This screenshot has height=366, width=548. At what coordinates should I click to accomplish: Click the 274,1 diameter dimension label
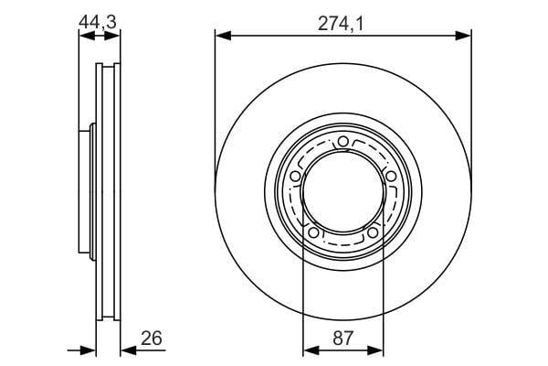(x=341, y=24)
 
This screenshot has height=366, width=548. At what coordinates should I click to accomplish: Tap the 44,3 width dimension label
(x=97, y=22)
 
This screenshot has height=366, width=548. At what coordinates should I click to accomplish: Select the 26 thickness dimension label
(x=152, y=338)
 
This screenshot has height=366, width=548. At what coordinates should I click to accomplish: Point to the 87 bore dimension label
(x=342, y=338)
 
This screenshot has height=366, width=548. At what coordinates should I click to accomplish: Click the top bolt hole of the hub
(x=343, y=142)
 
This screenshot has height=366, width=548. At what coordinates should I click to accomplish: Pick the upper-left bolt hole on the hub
(x=296, y=176)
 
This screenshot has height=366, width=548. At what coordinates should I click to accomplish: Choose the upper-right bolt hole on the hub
(x=391, y=176)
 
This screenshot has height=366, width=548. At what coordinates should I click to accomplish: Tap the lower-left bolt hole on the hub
(x=313, y=231)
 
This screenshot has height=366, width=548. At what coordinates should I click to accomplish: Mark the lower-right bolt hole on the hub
(x=373, y=231)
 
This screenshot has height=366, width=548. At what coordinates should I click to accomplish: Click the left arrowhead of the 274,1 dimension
(x=224, y=36)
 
